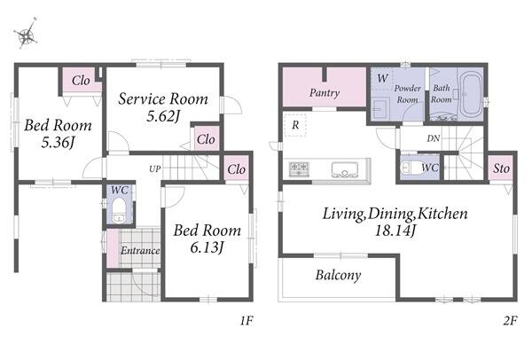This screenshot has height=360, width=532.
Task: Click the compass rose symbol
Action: pos(27,34)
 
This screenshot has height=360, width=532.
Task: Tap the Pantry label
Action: pos(325,92)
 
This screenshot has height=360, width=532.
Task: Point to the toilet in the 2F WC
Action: pos(410,168)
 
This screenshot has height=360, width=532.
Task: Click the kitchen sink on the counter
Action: pos(345,169)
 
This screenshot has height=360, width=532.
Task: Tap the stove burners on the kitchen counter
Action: pos(299,168)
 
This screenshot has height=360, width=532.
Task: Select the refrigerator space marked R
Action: pos(295,125)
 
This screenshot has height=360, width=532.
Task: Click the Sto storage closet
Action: pos(501,168)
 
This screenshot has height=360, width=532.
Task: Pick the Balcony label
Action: pos(338,275)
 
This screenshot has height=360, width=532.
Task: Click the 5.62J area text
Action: pos(162,116)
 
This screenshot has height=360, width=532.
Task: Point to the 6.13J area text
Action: pos(207,247)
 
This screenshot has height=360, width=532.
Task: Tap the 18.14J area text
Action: pos(395,231)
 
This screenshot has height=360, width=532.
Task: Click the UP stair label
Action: pos(154,168)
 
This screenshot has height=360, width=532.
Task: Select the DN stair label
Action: pos(434,138)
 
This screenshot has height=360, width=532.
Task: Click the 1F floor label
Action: pos(246,320)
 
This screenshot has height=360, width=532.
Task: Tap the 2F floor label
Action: pos(511,320)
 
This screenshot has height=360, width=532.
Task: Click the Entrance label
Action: pos(140,251)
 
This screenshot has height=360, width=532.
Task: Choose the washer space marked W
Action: pos(382,78)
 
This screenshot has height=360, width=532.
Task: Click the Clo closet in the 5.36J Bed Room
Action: pos(81,81)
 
